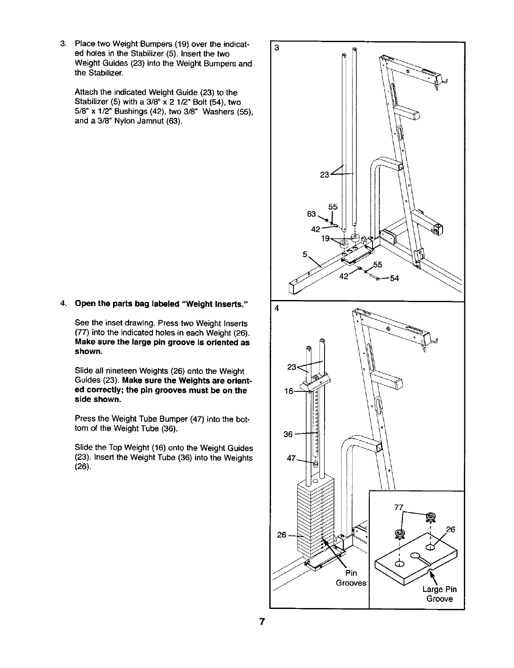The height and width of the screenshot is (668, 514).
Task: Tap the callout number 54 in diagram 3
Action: tap(394, 278)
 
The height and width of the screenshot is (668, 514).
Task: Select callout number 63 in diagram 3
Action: tap(311, 214)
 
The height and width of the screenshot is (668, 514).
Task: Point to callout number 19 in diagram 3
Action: tap(325, 239)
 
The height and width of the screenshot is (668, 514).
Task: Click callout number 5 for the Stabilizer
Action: tap(305, 255)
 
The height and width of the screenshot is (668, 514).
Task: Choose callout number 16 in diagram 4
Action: tap(288, 391)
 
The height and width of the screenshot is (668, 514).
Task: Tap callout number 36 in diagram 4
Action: tap(288, 434)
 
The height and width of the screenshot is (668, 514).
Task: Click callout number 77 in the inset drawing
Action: tap(399, 507)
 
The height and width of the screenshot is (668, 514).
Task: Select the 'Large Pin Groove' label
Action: tap(439, 594)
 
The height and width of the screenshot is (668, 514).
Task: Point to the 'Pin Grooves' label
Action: tap(351, 578)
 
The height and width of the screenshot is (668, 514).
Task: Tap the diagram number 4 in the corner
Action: tap(277, 309)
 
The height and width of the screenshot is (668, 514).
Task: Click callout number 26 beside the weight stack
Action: tap(282, 535)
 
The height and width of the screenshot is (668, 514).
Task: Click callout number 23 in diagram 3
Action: tap(325, 175)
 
